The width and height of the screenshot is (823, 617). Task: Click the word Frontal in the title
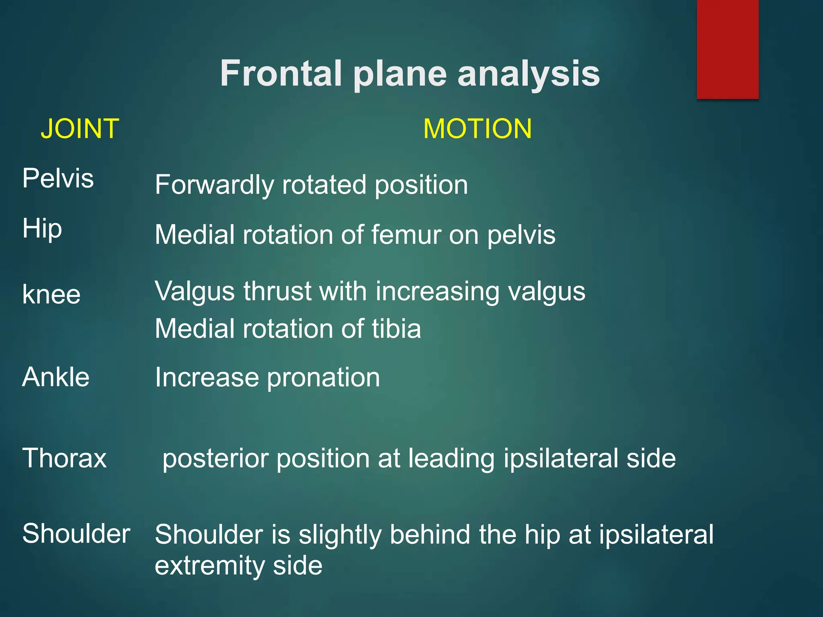280,74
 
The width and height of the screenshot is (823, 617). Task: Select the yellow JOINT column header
80,129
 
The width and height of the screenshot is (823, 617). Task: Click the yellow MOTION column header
477,129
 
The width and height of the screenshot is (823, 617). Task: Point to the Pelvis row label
58,178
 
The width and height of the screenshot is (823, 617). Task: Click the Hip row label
42,229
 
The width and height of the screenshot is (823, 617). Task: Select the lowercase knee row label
51,294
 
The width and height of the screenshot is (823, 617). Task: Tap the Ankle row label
56,377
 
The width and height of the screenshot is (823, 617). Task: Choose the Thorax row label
64,458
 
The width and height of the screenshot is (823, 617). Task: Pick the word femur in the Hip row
405,235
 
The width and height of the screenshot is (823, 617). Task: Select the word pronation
323,378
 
